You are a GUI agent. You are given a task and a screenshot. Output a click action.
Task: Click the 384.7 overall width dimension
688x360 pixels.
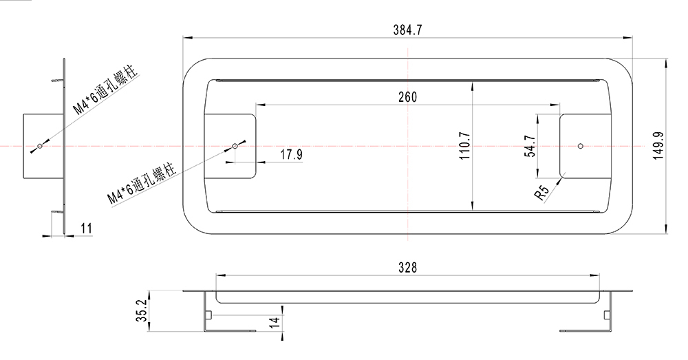tap(407, 30)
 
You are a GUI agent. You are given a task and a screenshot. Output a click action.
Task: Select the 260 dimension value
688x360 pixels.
tap(407, 97)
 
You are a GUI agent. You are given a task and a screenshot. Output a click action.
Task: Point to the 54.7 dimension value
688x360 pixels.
tap(529, 146)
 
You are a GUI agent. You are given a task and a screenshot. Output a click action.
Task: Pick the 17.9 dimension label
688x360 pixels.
tap(291, 155)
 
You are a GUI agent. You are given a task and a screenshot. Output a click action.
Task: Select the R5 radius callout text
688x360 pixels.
tap(543, 193)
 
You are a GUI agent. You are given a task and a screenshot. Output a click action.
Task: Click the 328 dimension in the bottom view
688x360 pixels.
tap(407, 268)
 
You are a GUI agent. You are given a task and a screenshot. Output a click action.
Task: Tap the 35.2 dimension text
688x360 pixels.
tap(141, 311)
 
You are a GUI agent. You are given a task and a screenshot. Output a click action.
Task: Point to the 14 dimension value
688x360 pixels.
tap(274, 321)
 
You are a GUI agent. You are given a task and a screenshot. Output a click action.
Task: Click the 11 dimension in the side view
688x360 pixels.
tap(86, 227)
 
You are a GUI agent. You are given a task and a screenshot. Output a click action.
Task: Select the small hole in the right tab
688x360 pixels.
tap(581, 146)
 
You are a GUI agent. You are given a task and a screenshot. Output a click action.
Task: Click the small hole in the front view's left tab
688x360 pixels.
tap(235, 146)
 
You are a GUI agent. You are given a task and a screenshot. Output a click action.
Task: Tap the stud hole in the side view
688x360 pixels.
tap(40, 146)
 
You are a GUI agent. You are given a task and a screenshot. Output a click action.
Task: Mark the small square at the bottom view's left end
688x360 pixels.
tap(208, 315)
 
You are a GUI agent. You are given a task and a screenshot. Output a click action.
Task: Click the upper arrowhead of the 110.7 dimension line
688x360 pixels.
tap(473, 85)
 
